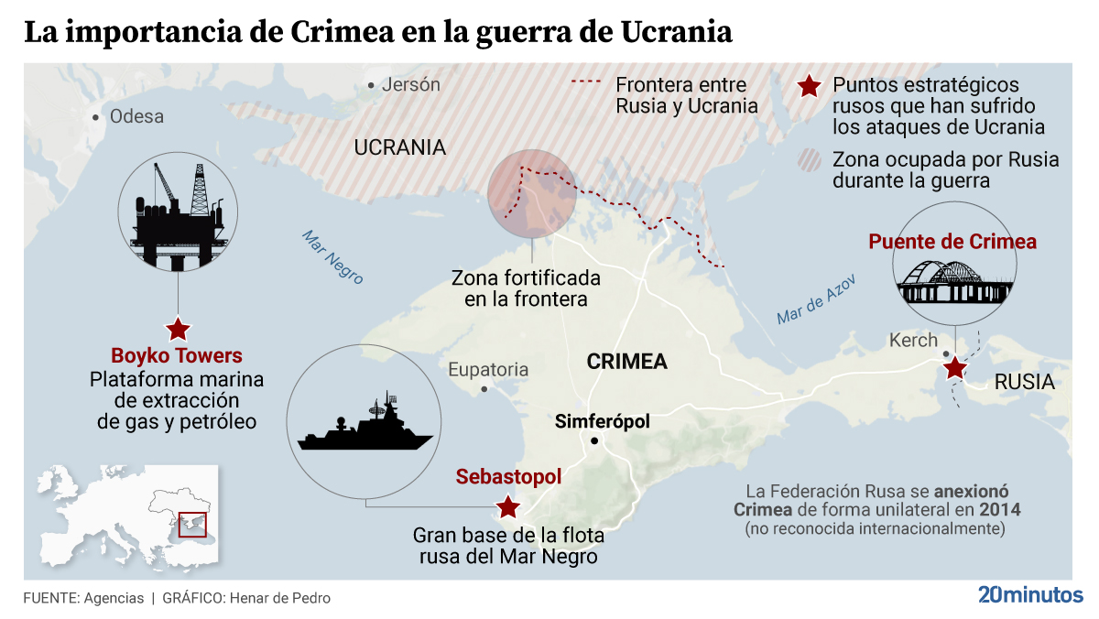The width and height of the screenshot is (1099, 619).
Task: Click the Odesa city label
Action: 136,116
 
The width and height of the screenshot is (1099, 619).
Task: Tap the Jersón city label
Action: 410,85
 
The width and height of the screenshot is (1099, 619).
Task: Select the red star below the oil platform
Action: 178,328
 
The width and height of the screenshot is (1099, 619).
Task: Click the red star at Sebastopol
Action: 506,506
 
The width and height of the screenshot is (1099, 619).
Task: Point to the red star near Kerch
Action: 955,368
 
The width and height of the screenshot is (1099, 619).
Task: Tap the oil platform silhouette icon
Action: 178,218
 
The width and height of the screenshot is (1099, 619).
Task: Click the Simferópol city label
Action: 602,421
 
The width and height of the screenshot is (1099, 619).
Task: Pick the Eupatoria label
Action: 488,370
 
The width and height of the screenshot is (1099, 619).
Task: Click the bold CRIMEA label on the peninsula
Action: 626,361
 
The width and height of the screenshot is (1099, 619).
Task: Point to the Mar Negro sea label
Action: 333,255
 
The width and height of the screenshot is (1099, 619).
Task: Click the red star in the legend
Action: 809,87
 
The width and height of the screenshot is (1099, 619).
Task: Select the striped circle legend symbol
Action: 810,160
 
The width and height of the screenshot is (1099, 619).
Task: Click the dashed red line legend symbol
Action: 588,83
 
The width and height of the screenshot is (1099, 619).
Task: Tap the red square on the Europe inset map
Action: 192,524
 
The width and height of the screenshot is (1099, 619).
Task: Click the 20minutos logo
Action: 1029,594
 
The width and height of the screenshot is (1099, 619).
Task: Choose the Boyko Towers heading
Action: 177,355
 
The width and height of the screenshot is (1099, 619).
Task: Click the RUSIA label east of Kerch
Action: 1025,382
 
